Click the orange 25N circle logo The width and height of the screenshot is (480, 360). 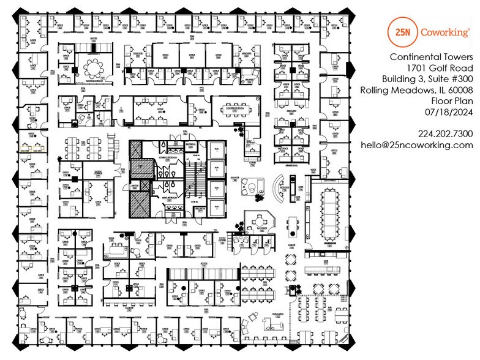pos(402,32)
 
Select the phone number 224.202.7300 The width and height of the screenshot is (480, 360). pos(446,133)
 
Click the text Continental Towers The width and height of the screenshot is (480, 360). pos(432,57)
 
